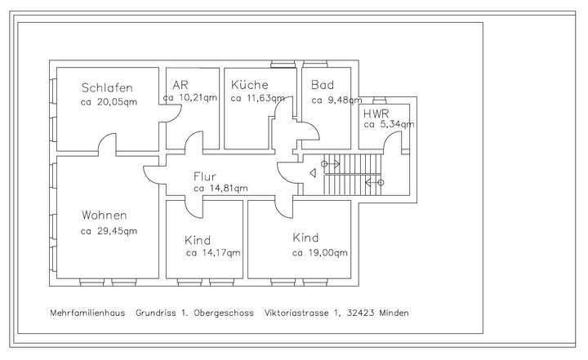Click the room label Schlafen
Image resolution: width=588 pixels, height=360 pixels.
point(106,88)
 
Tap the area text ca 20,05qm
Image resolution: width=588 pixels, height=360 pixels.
point(109,103)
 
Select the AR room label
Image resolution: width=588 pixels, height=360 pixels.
point(180,85)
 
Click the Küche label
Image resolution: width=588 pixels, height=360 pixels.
point(250,85)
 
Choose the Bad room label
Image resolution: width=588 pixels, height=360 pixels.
point(323,85)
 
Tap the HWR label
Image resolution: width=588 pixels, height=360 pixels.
point(376,113)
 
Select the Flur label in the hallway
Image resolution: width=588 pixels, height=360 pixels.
point(206,176)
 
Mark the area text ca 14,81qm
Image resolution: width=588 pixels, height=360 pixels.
point(220,189)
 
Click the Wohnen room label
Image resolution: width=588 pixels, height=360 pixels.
point(104,216)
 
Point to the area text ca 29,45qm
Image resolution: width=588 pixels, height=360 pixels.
point(109,231)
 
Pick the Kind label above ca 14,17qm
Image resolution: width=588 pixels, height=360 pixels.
point(198,240)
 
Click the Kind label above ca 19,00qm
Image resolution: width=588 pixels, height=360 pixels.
point(305,238)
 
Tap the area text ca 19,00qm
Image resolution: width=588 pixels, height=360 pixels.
point(319,253)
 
